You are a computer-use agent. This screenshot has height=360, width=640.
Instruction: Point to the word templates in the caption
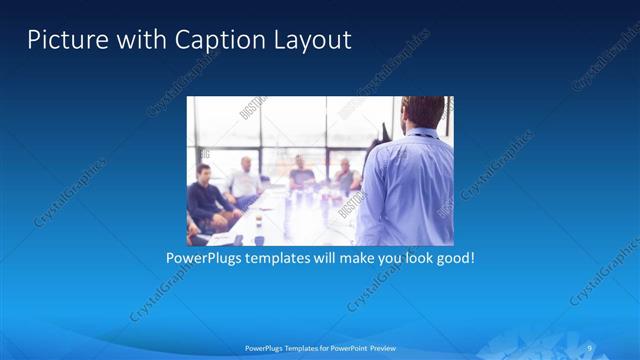tap(282, 258)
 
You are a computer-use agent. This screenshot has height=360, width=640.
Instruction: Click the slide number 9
tap(591, 348)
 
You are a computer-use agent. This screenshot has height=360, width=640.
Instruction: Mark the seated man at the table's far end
tap(300, 175)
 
